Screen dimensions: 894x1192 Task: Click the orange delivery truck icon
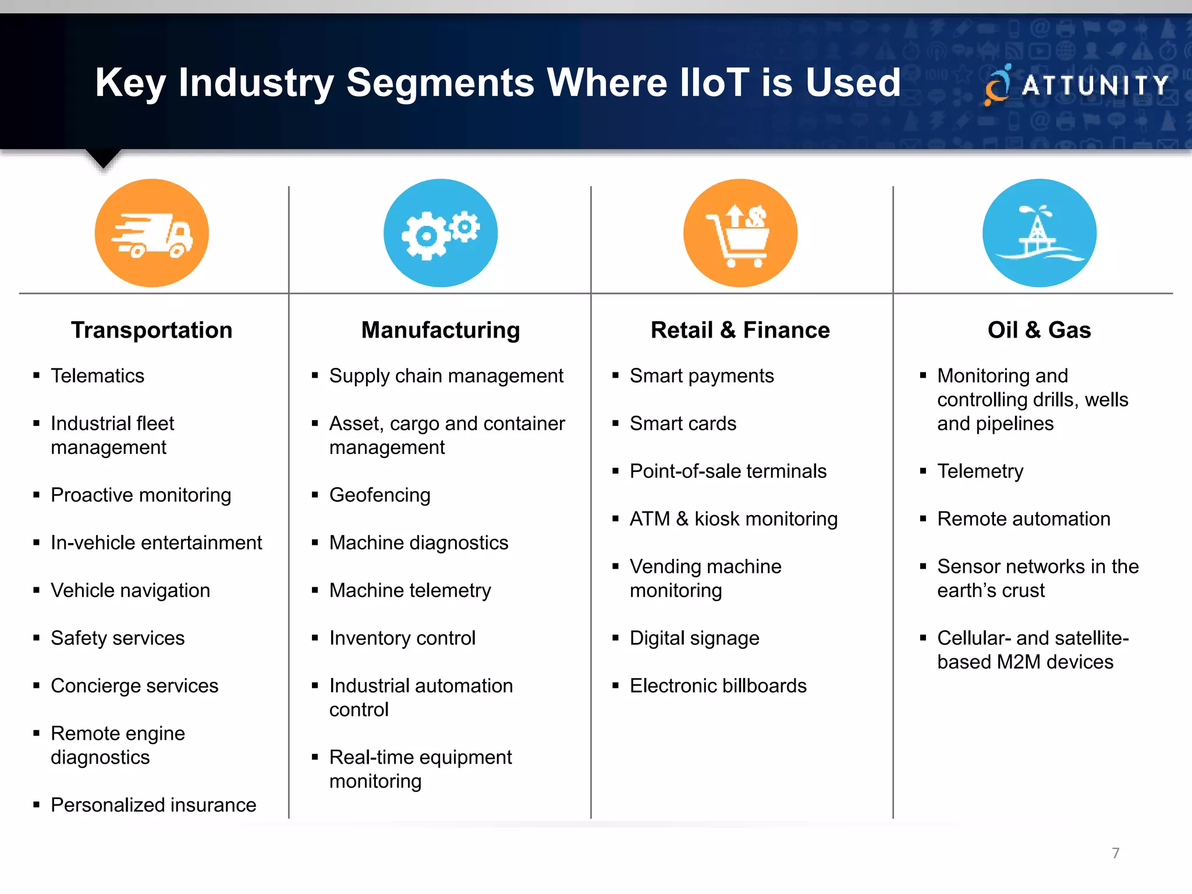(152, 233)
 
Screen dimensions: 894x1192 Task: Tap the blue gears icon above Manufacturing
(441, 233)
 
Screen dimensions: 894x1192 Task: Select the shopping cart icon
(740, 233)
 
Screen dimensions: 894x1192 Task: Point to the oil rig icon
(1040, 233)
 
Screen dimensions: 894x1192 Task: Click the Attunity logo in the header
(1077, 86)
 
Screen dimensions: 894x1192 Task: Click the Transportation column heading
(152, 330)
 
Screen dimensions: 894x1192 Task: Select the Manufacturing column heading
(441, 330)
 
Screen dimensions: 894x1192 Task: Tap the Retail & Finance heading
(740, 330)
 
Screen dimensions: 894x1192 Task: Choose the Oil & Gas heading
(1040, 330)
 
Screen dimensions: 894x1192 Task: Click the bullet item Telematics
(98, 376)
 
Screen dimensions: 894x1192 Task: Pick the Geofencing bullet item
(380, 495)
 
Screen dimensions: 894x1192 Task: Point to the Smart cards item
(683, 424)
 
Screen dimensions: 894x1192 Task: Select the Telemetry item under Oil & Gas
(981, 471)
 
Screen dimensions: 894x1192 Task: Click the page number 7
(1116, 853)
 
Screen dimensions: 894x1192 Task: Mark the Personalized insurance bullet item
(154, 805)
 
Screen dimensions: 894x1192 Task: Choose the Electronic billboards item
(718, 686)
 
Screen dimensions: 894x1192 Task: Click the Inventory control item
(403, 638)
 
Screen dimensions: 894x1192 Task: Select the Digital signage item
(695, 638)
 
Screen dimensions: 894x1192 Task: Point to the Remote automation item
(1024, 519)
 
